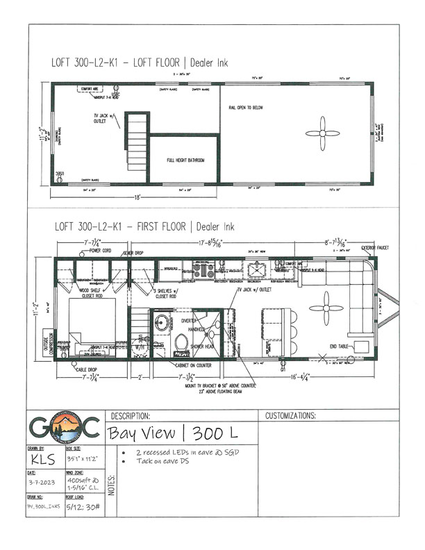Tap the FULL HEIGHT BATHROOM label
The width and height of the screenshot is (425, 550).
coord(185,160)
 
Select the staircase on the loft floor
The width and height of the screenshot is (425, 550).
coord(137,142)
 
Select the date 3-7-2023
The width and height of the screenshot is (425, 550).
coord(43,483)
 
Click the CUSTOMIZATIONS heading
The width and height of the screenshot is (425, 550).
coord(290,415)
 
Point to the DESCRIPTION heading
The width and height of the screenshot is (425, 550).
coord(130,415)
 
